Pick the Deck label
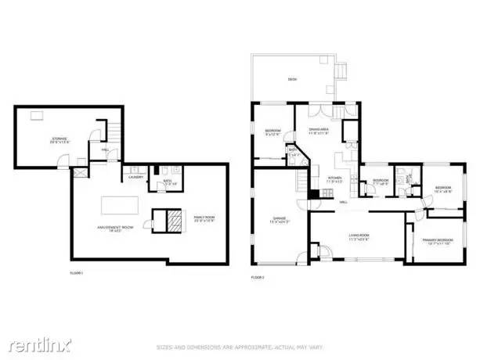pyautogui.click(x=292, y=79)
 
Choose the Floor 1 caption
pyautogui.click(x=76, y=272)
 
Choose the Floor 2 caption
pyautogui.click(x=258, y=278)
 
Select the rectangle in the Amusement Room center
pyautogui.click(x=120, y=205)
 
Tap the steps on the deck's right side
pyautogui.click(x=342, y=72)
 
